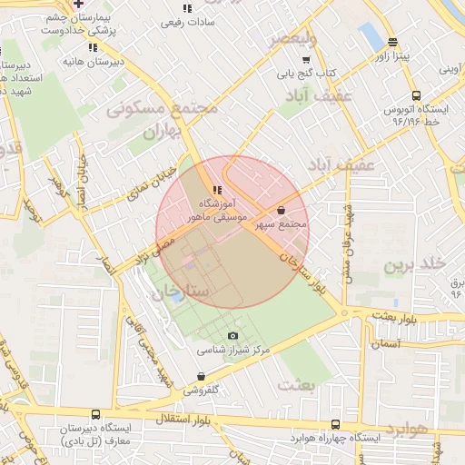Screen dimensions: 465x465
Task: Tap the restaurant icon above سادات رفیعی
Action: (187, 8)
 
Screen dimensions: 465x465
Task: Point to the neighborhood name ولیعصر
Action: (292, 39)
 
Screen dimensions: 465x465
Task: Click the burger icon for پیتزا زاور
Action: (392, 42)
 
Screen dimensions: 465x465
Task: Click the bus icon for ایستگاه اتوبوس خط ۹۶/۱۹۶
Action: (416, 95)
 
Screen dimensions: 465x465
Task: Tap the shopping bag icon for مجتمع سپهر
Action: (282, 210)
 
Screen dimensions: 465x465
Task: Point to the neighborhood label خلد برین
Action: (413, 264)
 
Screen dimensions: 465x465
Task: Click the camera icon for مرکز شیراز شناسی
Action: (232, 336)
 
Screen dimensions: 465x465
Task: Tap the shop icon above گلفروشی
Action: (201, 376)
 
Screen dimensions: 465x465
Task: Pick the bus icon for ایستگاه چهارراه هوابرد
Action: (337, 424)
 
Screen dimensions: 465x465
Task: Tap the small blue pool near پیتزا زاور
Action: (371, 37)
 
